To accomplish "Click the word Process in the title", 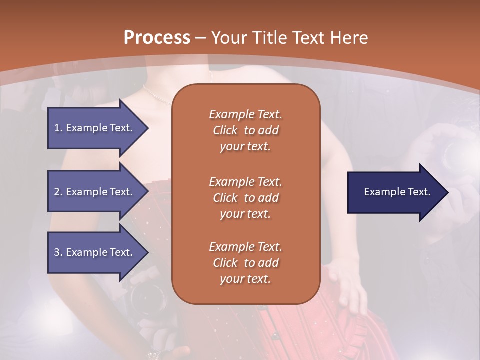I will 157,38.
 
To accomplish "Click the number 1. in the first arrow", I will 58,128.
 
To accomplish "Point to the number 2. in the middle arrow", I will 58,192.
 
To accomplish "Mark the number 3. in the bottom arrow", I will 58,252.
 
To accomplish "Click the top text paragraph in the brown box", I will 245,130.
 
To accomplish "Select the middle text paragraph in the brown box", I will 245,198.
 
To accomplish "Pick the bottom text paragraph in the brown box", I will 245,263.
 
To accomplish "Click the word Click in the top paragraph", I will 225,130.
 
